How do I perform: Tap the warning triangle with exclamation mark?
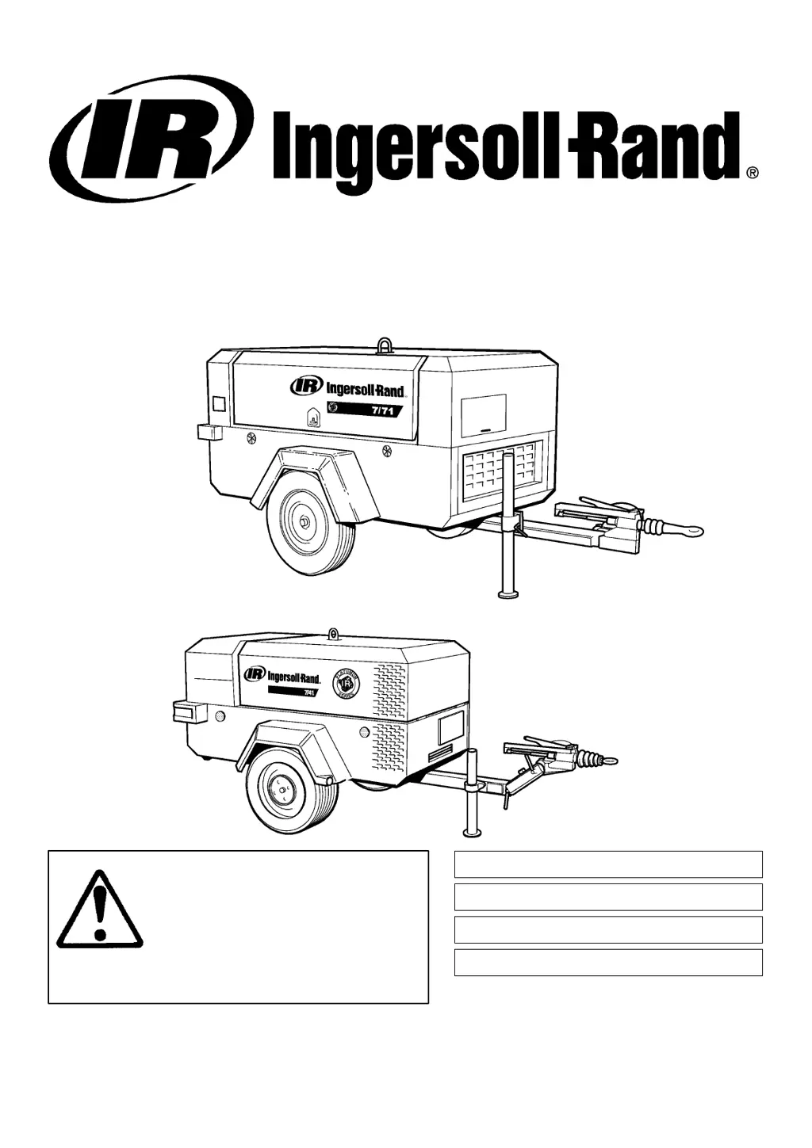(100, 910)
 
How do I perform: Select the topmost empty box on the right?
(608, 864)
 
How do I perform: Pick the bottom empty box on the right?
(608, 962)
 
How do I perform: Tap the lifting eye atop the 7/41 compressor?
(334, 634)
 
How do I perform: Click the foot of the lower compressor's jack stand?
(473, 832)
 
